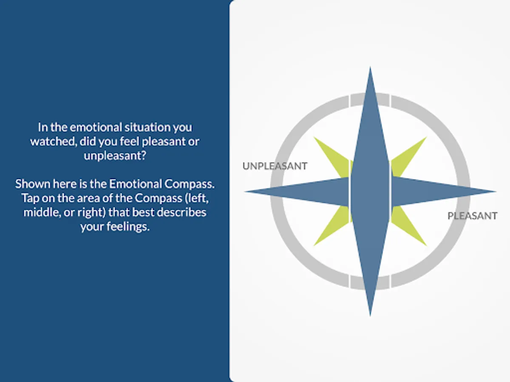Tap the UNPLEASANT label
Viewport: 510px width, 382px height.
tap(275, 166)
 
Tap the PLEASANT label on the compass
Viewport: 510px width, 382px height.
tap(472, 216)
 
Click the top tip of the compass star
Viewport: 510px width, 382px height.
tap(370, 67)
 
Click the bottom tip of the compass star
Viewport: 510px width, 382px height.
tap(370, 316)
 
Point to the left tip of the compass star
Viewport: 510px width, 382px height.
tap(245, 191)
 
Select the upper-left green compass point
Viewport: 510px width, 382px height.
tap(332, 157)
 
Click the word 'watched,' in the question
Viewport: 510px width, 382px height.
tap(54, 141)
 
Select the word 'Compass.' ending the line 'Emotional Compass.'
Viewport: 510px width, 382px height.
tap(190, 184)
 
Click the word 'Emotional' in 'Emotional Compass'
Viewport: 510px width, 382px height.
tap(136, 184)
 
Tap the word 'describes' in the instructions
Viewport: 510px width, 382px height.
tap(182, 212)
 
